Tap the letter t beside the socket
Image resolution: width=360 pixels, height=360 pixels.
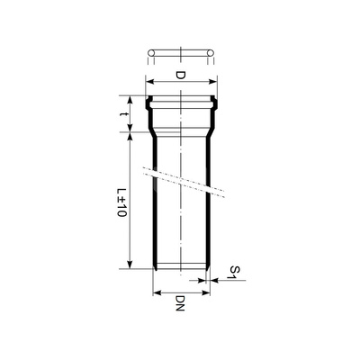tap(124, 114)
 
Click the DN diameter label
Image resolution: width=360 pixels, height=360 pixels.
tap(180, 306)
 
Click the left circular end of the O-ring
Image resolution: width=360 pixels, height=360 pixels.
tap(151, 56)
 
